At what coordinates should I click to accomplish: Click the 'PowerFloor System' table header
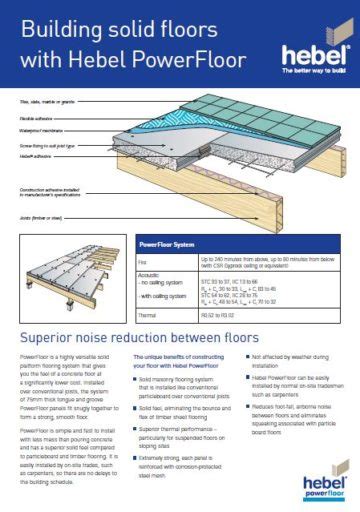168,243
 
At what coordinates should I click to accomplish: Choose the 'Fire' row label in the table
143,263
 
